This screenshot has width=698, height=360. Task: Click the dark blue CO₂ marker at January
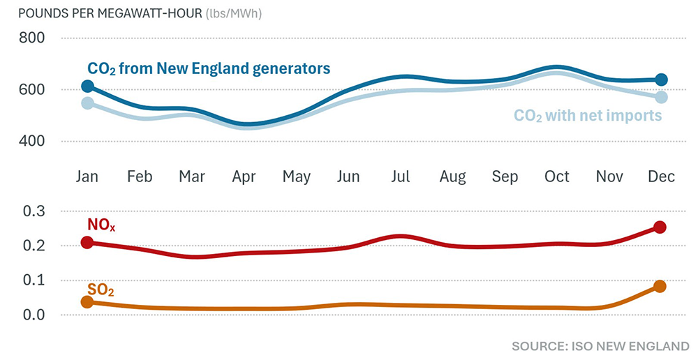87,87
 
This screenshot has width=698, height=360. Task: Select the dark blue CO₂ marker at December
661,80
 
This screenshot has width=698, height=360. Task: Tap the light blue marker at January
87,103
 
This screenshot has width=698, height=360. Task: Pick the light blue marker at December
661,97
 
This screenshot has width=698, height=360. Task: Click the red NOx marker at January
87,242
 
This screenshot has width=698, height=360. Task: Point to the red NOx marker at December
660,227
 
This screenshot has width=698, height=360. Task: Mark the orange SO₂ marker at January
87,302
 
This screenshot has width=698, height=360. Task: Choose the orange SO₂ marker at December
660,286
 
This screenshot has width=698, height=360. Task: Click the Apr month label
244,177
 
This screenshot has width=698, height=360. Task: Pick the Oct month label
556,177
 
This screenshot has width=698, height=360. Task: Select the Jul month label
401,177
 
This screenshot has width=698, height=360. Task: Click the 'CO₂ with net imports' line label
587,116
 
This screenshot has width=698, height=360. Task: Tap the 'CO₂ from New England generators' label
208,68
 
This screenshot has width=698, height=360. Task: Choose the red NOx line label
102,225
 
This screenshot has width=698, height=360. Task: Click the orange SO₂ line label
101,289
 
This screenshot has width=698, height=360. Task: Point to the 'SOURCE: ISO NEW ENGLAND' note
600,346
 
